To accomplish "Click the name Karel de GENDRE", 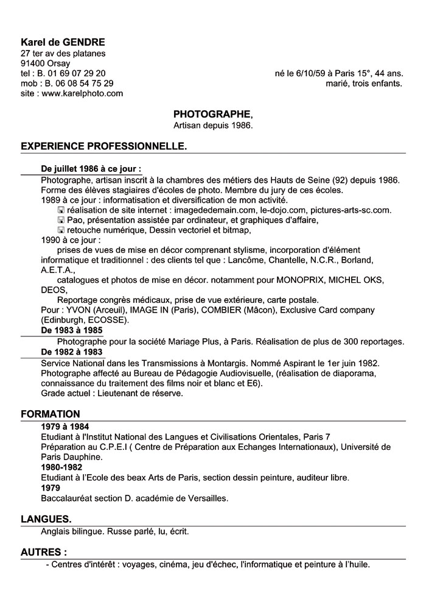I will (63, 42).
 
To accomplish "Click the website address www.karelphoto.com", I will (82, 93).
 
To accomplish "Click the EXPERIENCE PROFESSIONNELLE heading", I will (104, 147).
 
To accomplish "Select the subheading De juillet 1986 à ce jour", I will (91, 168).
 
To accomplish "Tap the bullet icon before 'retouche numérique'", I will (61, 230).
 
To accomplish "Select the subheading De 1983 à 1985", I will (71, 330).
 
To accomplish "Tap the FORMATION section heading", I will (51, 414).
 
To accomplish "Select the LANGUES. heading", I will (46, 519).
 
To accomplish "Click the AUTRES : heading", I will (44, 552).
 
